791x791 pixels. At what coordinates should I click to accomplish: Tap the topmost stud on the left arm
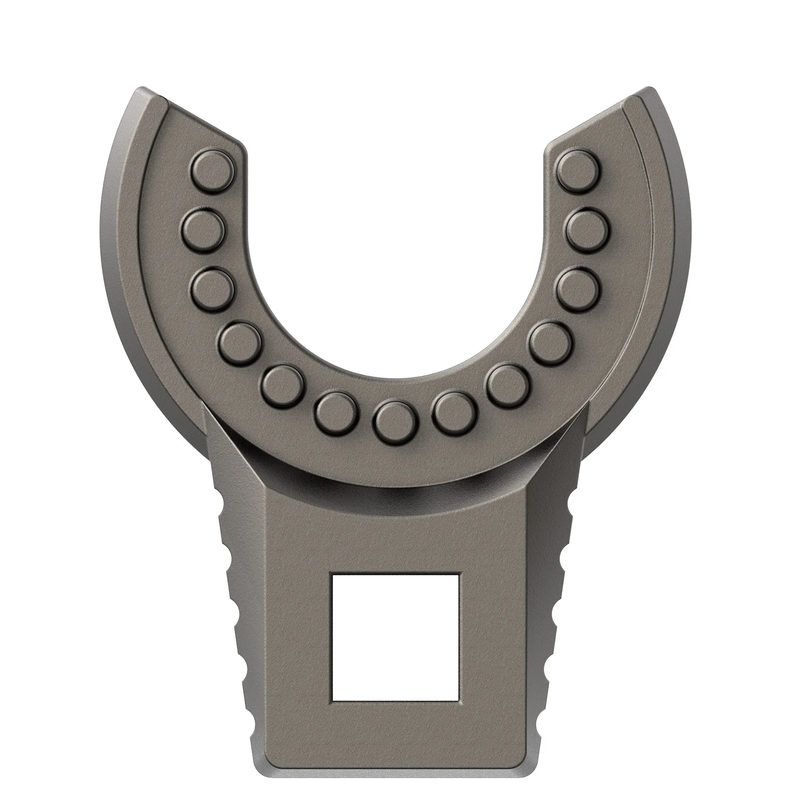[x=212, y=170]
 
